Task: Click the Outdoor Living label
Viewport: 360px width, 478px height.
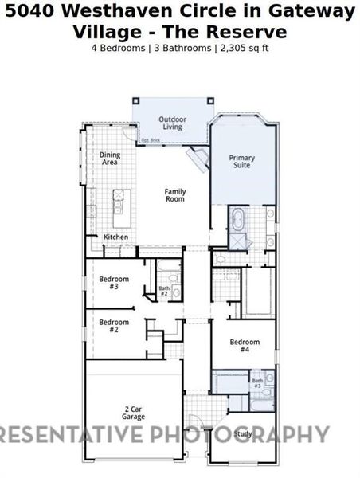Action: pos(172,123)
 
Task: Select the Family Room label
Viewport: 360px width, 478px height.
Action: pos(174,194)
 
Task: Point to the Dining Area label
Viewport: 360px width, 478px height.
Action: pos(109,159)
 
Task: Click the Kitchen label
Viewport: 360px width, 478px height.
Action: pos(115,237)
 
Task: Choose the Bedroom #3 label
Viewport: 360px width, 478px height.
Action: pos(109,282)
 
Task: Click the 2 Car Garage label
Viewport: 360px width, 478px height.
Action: pos(133,413)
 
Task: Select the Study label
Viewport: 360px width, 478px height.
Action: pos(243,434)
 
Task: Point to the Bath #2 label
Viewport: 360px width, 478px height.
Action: pos(164,291)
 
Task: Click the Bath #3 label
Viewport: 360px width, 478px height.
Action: pos(257,383)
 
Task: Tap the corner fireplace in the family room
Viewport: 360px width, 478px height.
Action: pos(195,162)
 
